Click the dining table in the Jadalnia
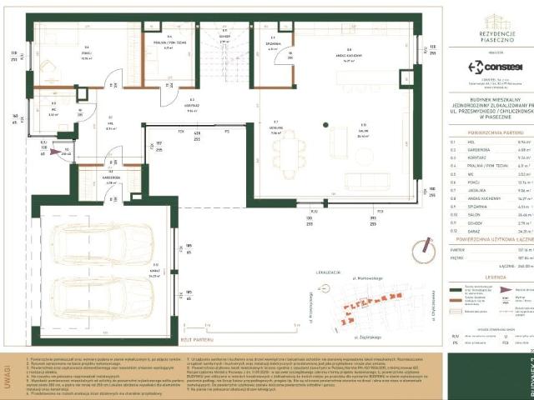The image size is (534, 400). click(287, 152)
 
